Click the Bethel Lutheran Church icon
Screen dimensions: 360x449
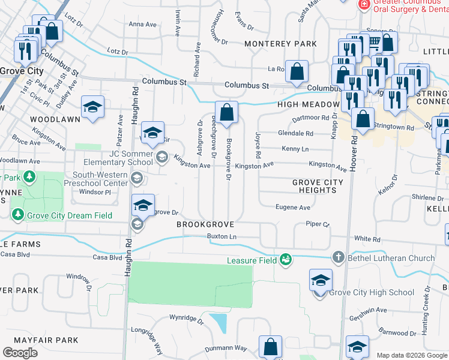339,257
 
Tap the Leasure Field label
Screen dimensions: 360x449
251,260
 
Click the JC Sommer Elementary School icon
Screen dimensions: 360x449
161,157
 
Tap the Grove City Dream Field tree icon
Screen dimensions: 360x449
19,214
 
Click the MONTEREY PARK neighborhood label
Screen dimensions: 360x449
280,44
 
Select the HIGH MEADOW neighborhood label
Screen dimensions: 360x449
309,104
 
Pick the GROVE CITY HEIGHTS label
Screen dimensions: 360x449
318,186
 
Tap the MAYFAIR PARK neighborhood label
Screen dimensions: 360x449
46,340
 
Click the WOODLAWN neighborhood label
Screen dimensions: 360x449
55,119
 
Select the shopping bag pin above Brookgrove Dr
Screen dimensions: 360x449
227,112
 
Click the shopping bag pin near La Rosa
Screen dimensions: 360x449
297,71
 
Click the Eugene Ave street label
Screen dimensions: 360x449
293,208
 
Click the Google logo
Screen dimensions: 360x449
20,353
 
